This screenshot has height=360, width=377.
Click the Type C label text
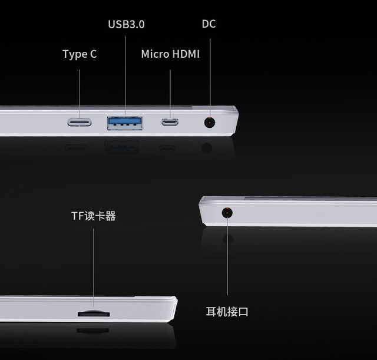80,54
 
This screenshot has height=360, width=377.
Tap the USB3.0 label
126,24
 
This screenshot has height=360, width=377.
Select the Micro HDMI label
170,54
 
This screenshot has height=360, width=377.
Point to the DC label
209,24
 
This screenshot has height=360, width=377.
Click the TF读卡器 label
94,216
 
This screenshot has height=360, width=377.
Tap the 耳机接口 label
227,312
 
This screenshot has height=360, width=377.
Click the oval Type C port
80,123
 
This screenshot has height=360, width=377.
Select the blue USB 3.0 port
125,123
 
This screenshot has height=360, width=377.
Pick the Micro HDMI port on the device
170,122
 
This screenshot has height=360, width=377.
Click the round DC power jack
210,123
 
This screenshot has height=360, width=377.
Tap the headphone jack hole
227,213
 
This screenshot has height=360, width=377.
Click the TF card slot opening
94,313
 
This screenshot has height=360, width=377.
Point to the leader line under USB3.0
125,76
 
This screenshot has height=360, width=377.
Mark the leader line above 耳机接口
227,255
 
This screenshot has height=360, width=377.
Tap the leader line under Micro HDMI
170,94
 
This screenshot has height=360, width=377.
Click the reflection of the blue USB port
122,147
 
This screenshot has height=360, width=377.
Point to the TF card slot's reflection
93,331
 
